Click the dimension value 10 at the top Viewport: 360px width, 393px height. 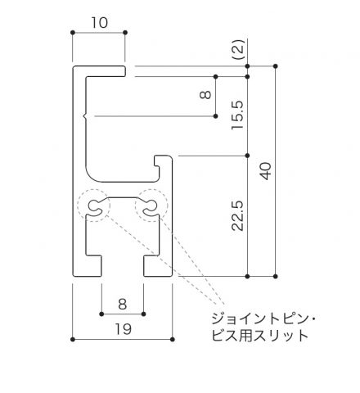pyautogui.click(x=100, y=23)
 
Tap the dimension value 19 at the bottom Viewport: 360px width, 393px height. pyautogui.click(x=124, y=329)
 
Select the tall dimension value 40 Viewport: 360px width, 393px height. pyautogui.click(x=266, y=171)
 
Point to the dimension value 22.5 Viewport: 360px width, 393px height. pyautogui.click(x=237, y=216)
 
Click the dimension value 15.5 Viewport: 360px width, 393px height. pyautogui.click(x=237, y=115)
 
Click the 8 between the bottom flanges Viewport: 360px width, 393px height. pyautogui.click(x=123, y=304)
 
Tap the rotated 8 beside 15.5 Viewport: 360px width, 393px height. pyautogui.click(x=205, y=95)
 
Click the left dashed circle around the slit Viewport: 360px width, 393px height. pyautogui.click(x=93, y=206)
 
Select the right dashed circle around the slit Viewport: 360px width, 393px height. pyautogui.click(x=151, y=206)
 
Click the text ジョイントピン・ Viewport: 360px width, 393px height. pyautogui.click(x=263, y=319)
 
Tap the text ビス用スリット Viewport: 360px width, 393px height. pyautogui.click(x=260, y=336)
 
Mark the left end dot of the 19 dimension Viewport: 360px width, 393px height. pyautogui.click(x=73, y=340)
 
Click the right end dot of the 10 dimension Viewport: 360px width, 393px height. pyautogui.click(x=125, y=33)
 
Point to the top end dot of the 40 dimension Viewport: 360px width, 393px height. pyautogui.click(x=276, y=66)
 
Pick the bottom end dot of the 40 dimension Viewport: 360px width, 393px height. pyautogui.click(x=276, y=277)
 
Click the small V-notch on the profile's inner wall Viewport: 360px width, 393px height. pyautogui.click(x=84, y=116)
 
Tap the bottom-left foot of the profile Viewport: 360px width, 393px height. pyautogui.click(x=88, y=266)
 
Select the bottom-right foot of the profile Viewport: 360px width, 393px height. pyautogui.click(x=158, y=266)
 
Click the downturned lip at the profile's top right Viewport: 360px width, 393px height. pyautogui.click(x=124, y=71)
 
